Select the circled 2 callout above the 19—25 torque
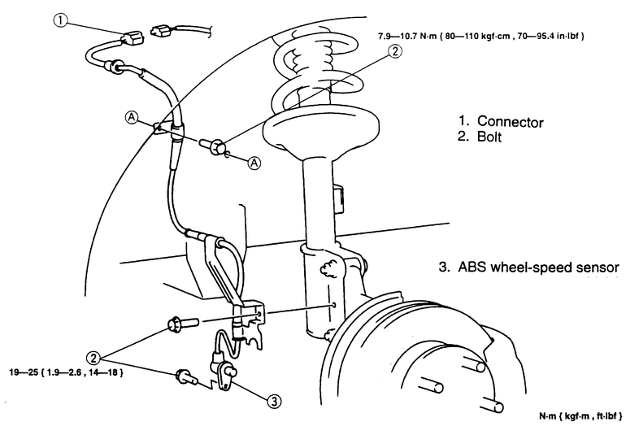pos(95,356)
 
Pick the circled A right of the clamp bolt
pos(254,163)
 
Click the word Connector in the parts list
pos(510,122)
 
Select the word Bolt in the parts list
pos(491,138)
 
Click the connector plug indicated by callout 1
pos(134,37)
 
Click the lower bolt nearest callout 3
pos(186,376)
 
